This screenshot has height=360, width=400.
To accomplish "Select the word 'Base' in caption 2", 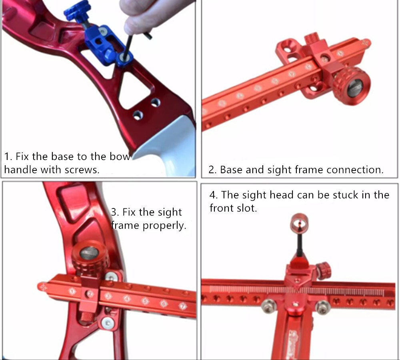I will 231,170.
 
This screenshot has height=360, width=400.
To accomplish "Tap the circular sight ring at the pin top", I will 299,222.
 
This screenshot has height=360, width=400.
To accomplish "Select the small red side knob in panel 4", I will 323,270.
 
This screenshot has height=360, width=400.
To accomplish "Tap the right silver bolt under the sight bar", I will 322,307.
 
